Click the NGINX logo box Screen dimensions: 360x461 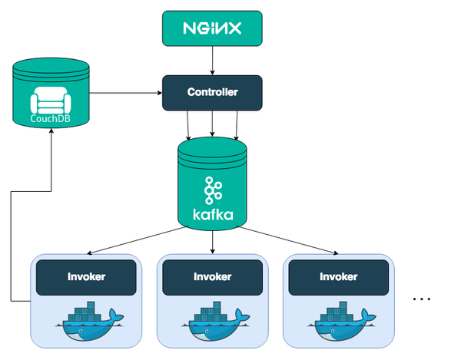coord(212,28)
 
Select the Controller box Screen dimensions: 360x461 coord(212,93)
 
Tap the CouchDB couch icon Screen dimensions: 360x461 coord(50,101)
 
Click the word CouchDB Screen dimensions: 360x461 coord(50,118)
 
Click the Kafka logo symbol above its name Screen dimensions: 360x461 coord(212,189)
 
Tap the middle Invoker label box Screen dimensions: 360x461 coord(212,276)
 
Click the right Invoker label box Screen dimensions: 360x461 coord(339,276)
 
